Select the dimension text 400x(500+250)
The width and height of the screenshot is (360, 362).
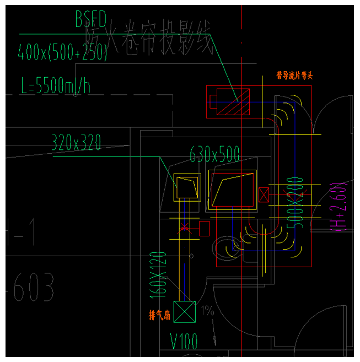[62, 52]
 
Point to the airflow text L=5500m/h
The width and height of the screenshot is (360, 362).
[55, 86]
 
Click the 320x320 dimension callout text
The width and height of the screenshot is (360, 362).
[77, 143]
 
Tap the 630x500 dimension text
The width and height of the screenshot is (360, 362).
[214, 154]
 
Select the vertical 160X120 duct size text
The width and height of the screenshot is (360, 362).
[158, 273]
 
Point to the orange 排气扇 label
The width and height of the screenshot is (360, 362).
[159, 316]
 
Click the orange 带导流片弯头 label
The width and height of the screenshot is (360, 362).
[294, 76]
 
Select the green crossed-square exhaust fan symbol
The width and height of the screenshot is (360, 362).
[184, 312]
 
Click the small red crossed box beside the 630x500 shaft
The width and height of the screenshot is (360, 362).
[264, 195]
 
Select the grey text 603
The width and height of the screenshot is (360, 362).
[34, 288]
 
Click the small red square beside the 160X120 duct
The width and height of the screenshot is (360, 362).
[205, 228]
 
